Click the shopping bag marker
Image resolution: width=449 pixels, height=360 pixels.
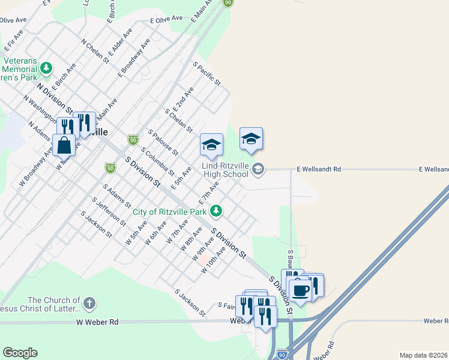pyautogui.click(x=64, y=145)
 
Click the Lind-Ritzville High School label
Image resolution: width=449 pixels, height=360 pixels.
pyautogui.click(x=225, y=169)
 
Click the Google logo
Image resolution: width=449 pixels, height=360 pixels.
pyautogui.click(x=20, y=353)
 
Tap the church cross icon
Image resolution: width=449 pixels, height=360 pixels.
pyautogui.click(x=89, y=304)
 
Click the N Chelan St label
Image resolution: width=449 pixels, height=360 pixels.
pyautogui.click(x=95, y=51)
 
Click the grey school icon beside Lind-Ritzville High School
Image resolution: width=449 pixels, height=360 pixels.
pyautogui.click(x=258, y=169)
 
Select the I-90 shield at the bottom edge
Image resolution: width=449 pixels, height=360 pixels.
pyautogui.click(x=282, y=355)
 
